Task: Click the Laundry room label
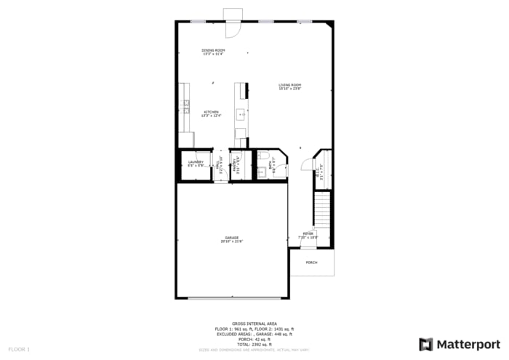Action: pyautogui.click(x=196, y=163)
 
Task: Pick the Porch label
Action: pyautogui.click(x=311, y=263)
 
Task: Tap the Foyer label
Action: pyautogui.click(x=309, y=235)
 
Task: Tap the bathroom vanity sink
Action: pyautogui.click(x=260, y=172)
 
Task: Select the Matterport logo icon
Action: pyautogui.click(x=425, y=344)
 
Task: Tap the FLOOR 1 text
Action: pyautogui.click(x=19, y=350)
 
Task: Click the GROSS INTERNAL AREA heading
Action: pyautogui.click(x=254, y=323)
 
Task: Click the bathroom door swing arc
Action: pyautogui.click(x=283, y=170)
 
